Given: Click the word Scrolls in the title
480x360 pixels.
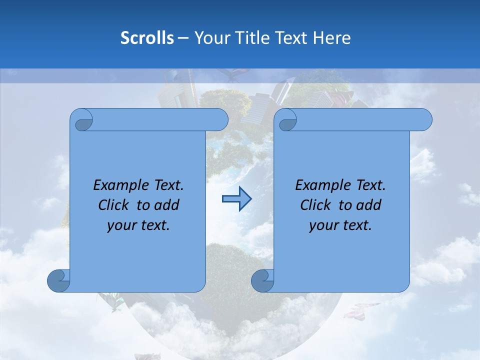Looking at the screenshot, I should pos(147,38).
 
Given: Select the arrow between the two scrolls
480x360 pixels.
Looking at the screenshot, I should pos(236,199).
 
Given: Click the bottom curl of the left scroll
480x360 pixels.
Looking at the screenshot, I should pos(59,280).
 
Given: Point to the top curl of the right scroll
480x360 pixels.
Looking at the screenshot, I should pos(287,120).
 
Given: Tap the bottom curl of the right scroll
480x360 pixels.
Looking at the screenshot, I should pos(262,280).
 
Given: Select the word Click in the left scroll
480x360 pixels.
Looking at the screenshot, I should pos(114,205).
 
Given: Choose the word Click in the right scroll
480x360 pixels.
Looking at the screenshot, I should pos(315,205).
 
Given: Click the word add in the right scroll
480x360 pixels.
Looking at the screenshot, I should pos(369,205).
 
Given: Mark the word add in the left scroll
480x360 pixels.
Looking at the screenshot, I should pos(167,205).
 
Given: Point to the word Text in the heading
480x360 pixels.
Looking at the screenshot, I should pos(291,38).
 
